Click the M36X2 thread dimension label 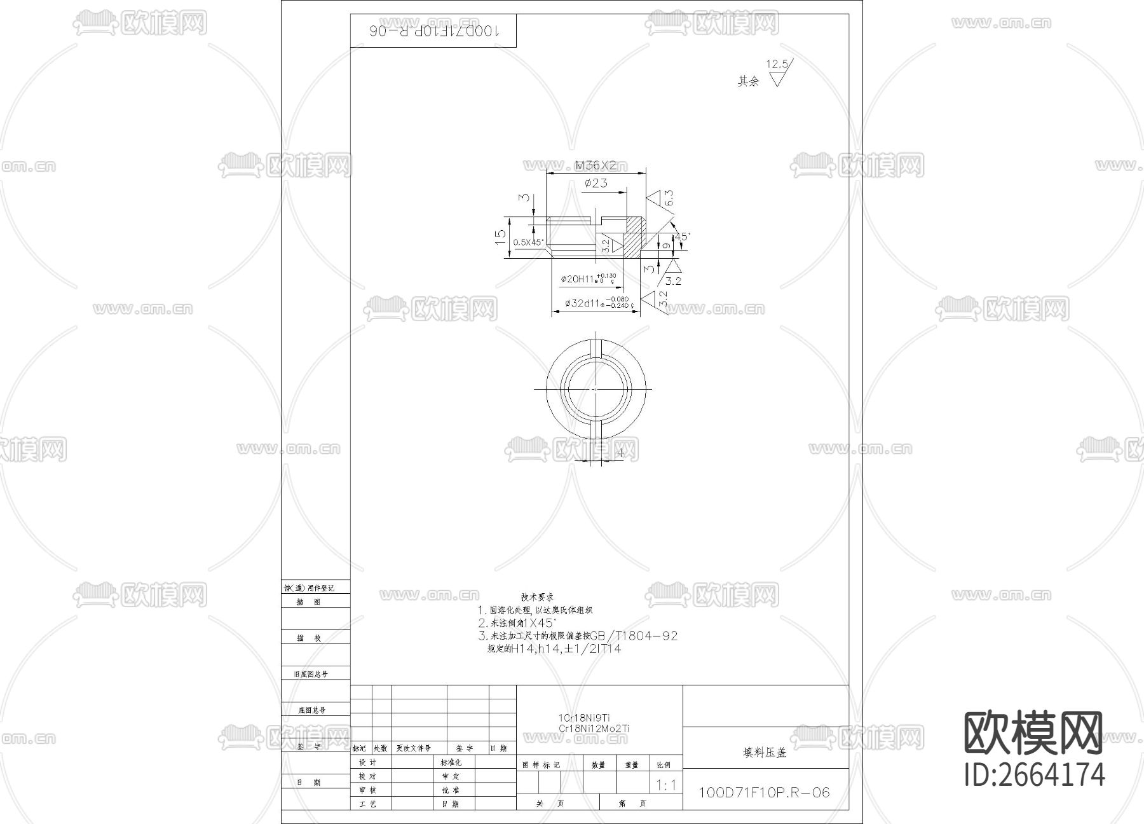pyautogui.click(x=596, y=165)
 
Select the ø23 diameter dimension pyautogui.click(x=596, y=183)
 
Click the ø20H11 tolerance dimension pyautogui.click(x=588, y=279)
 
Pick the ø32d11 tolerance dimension pyautogui.click(x=597, y=303)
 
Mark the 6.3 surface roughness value pyautogui.click(x=668, y=198)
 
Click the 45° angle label pyautogui.click(x=682, y=236)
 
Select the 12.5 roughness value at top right pyautogui.click(x=777, y=64)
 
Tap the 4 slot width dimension pyautogui.click(x=620, y=453)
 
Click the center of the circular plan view pyautogui.click(x=596, y=388)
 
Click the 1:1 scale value pyautogui.click(x=666, y=785)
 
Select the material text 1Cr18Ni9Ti pyautogui.click(x=584, y=718)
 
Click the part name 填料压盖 pyautogui.click(x=765, y=752)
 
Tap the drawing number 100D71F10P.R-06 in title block pyautogui.click(x=764, y=792)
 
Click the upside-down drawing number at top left pyautogui.click(x=433, y=31)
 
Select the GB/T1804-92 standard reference pyautogui.click(x=634, y=636)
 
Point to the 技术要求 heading pyautogui.click(x=537, y=597)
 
